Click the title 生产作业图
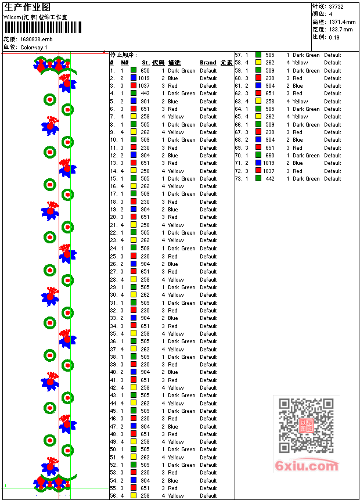pos(27,7)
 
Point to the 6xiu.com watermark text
pos(307,466)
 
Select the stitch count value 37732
pos(336,6)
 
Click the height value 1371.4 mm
pos(342,21)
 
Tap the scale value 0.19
pos(334,37)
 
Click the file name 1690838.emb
pos(36,39)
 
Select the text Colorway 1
pos(34,47)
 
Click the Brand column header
pos(208,63)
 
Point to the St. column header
pos(146,63)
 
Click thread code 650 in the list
pos(145,70)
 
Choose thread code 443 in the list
pos(145,93)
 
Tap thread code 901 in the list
pos(145,101)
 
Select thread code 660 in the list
pos(270,156)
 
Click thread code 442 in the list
pos(270,179)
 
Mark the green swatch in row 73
pos(258,179)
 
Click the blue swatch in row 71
pos(258,163)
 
